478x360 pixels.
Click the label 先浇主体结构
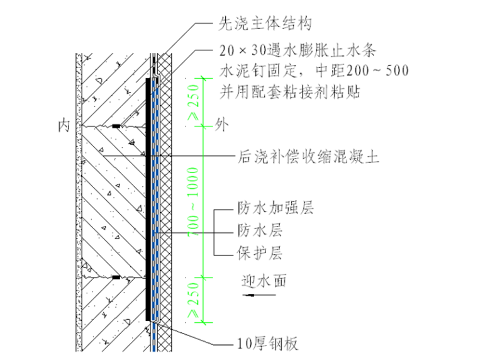click(265, 24)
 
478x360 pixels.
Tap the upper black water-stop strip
click(117, 127)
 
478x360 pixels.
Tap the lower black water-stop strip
click(116, 276)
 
